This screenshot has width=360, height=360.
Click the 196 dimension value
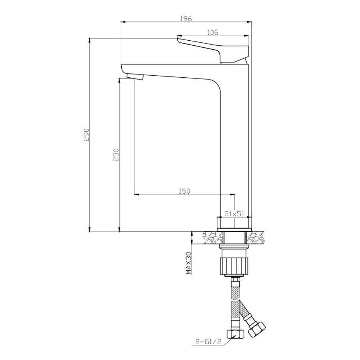186,18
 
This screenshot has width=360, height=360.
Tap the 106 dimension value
213,32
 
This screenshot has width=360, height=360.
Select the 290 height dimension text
86,135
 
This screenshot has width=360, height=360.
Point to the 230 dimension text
116,155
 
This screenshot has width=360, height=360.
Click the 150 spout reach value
184,191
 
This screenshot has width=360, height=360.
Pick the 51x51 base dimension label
234,214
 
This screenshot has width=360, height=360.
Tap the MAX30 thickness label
189,263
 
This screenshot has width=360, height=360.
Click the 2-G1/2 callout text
208,342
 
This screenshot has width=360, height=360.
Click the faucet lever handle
213,49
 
